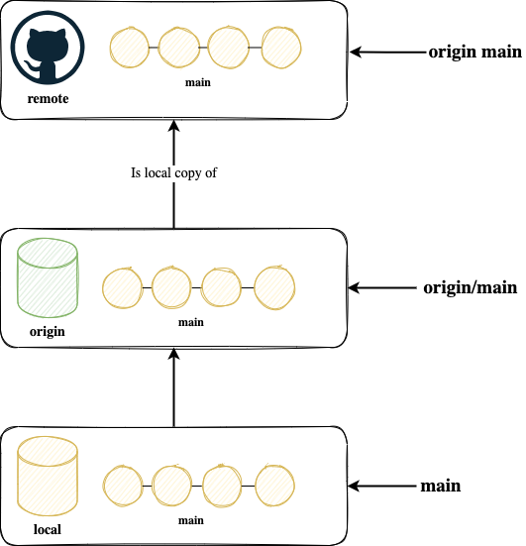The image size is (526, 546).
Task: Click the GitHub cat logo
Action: pyautogui.click(x=48, y=48)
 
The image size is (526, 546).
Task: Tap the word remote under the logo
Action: pyautogui.click(x=48, y=99)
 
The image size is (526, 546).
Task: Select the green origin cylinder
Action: pyautogui.click(x=48, y=277)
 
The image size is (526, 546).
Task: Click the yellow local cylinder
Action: pyautogui.click(x=48, y=477)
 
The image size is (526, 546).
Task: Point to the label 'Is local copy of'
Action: pyautogui.click(x=173, y=173)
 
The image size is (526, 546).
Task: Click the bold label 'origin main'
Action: pyautogui.click(x=475, y=53)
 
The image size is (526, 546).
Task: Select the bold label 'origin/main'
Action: pyautogui.click(x=471, y=288)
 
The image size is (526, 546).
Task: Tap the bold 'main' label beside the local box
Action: pyautogui.click(x=441, y=486)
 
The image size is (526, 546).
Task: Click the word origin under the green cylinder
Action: pyautogui.click(x=48, y=332)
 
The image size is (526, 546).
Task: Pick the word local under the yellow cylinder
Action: pyautogui.click(x=48, y=529)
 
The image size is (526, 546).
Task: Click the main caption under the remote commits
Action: pyautogui.click(x=198, y=82)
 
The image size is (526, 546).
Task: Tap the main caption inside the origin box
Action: pyautogui.click(x=191, y=322)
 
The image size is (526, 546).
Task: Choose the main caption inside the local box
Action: pyautogui.click(x=191, y=520)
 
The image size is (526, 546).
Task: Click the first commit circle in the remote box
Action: pyautogui.click(x=129, y=48)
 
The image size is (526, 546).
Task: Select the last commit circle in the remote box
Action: pyautogui.click(x=281, y=48)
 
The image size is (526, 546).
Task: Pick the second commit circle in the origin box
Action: pyautogui.click(x=171, y=287)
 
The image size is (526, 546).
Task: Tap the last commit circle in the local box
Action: pyautogui.click(x=274, y=486)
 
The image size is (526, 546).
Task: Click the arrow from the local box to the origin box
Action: pyautogui.click(x=173, y=387)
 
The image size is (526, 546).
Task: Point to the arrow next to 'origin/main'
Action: pyautogui.click(x=382, y=288)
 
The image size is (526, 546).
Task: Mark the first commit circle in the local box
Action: pyautogui.click(x=123, y=486)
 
